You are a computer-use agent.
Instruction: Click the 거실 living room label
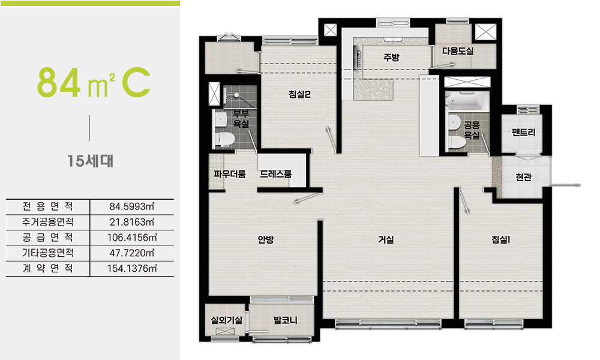click(386, 239)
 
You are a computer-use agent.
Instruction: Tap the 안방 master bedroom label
click(266, 239)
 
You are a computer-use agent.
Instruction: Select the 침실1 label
click(501, 239)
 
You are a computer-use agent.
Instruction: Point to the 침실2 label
click(299, 94)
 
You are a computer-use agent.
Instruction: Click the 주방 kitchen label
click(391, 58)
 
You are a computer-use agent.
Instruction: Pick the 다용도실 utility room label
click(458, 51)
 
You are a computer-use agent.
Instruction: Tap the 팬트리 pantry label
click(523, 133)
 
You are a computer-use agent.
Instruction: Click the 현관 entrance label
click(523, 177)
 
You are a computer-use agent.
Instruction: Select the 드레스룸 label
click(276, 174)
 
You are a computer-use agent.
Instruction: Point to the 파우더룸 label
click(230, 174)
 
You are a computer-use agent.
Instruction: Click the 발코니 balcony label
click(286, 320)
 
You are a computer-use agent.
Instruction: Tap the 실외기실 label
click(227, 320)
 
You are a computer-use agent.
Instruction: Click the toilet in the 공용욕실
click(457, 143)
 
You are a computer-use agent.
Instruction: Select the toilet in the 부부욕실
click(224, 139)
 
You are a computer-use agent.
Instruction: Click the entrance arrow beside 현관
click(565, 185)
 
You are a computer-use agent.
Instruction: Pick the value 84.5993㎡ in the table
click(132, 206)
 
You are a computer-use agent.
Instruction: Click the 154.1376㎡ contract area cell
click(132, 269)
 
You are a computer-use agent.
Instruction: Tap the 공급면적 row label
click(48, 238)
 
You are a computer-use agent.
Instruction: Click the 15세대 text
click(91, 161)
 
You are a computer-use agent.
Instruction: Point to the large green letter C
click(136, 82)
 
